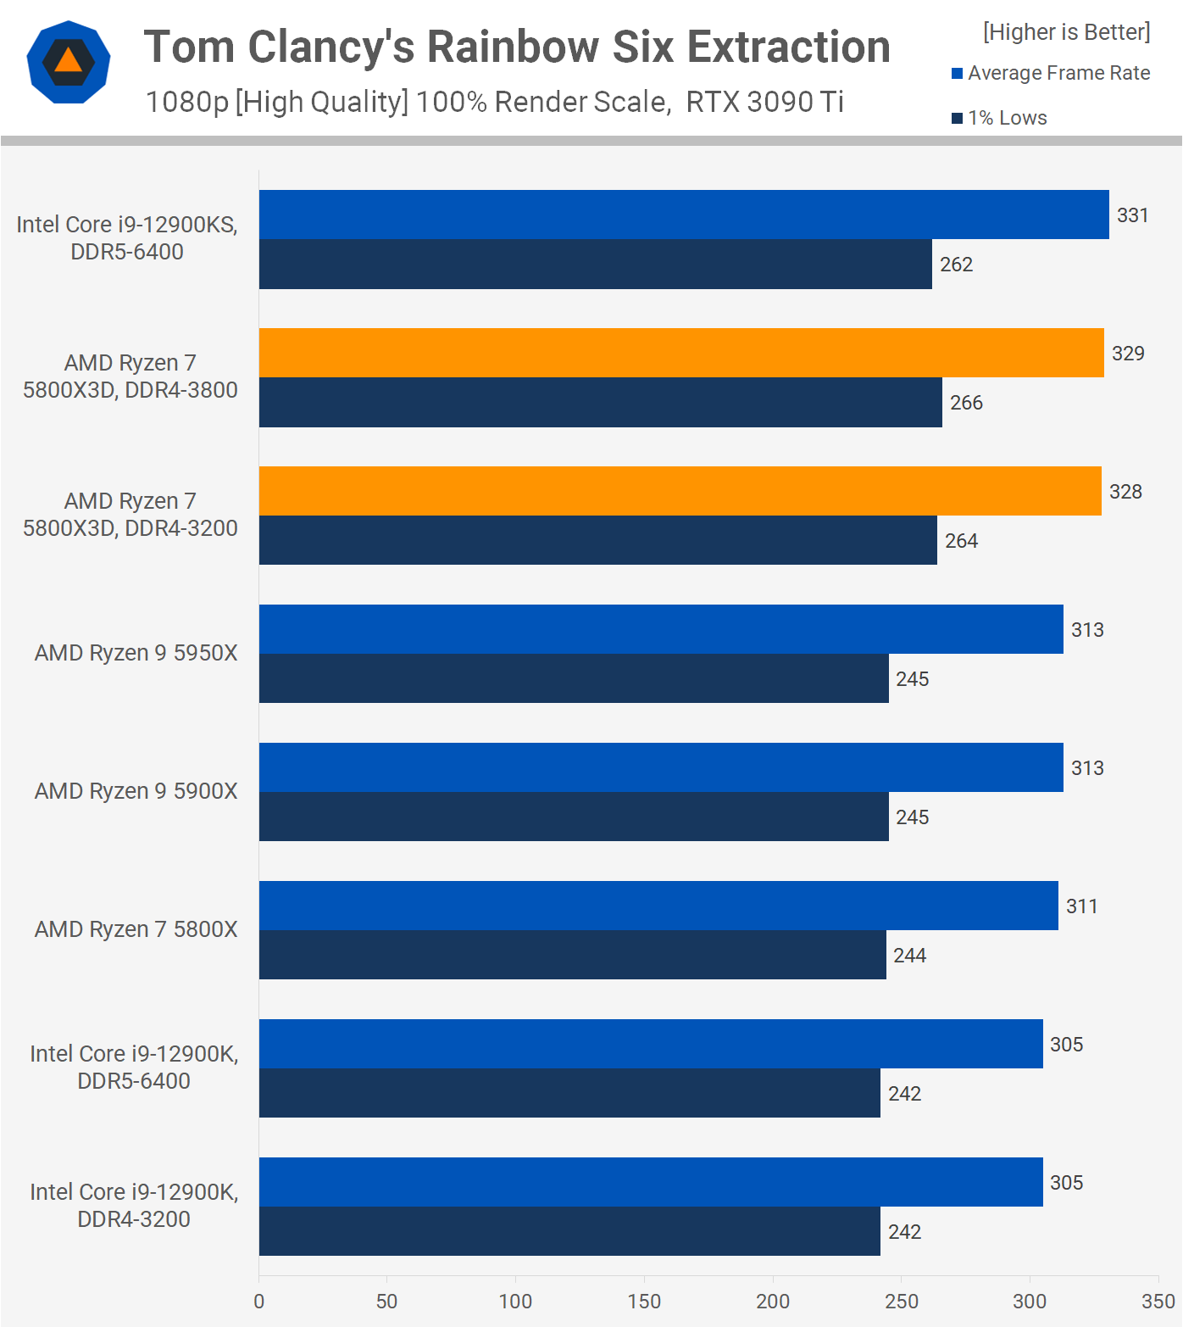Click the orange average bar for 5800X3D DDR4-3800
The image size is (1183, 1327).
click(681, 353)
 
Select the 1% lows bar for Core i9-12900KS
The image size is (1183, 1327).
click(595, 265)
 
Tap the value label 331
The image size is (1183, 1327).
click(1132, 215)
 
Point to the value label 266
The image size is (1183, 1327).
click(966, 403)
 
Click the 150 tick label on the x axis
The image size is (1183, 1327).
click(644, 1302)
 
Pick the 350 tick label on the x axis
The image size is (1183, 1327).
click(1158, 1302)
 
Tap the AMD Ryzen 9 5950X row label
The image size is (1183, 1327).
click(136, 653)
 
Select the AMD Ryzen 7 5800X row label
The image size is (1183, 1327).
click(136, 929)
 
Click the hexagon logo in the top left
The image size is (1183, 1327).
click(69, 62)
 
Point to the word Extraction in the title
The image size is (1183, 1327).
click(788, 47)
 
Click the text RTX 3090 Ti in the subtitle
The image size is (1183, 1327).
click(764, 102)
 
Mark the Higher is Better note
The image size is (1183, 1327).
click(1066, 32)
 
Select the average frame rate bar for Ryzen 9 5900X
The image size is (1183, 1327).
click(661, 767)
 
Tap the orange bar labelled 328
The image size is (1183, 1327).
click(680, 491)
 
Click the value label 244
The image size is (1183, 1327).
click(909, 956)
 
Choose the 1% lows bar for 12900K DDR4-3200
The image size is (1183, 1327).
click(569, 1231)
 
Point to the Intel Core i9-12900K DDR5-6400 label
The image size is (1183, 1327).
click(134, 1067)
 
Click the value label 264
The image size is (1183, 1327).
click(961, 541)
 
